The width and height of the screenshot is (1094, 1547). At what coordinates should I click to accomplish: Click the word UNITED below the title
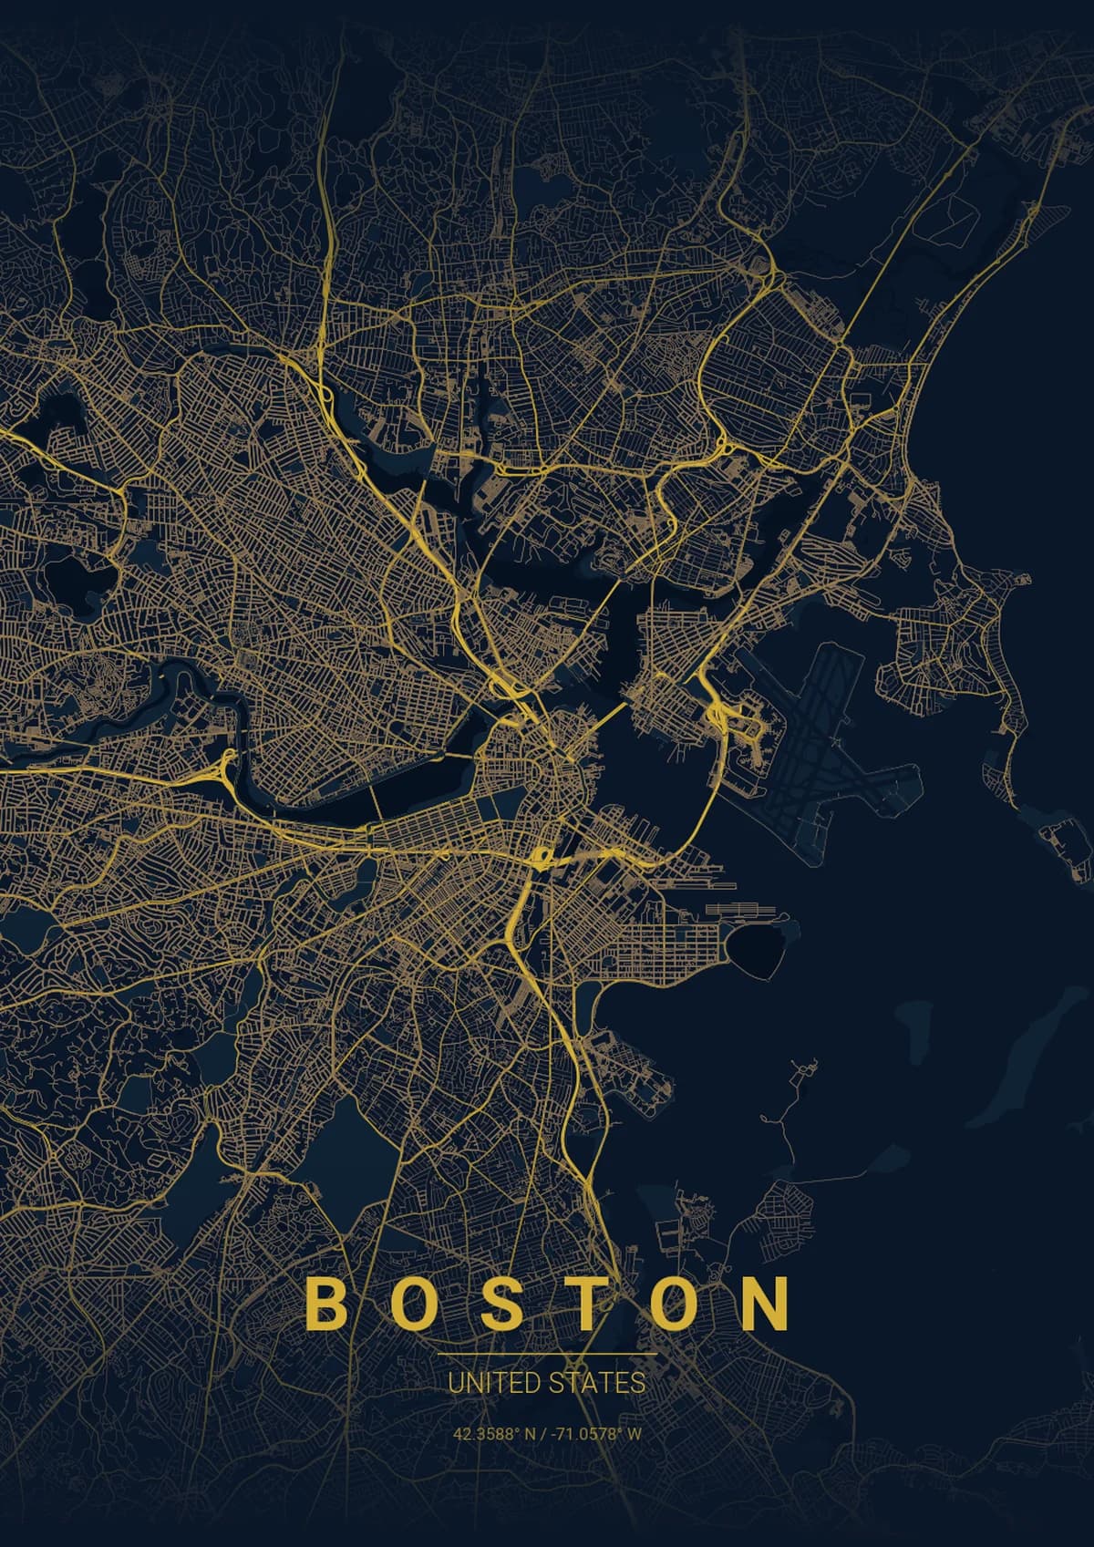tap(493, 1383)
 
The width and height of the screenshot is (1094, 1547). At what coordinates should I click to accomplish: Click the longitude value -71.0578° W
tap(596, 1434)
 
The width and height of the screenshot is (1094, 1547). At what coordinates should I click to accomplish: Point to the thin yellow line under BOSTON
tap(547, 1356)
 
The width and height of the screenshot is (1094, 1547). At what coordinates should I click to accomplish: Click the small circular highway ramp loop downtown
tap(540, 857)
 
